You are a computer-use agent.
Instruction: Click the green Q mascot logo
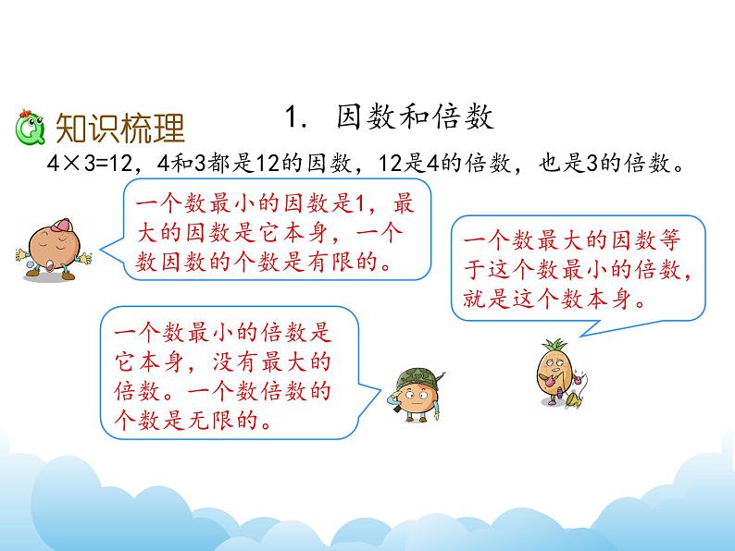point(30,128)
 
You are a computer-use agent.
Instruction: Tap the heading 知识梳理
point(120,129)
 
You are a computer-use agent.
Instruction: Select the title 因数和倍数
point(415,117)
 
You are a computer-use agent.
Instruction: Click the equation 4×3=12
point(90,164)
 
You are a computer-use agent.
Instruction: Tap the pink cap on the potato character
point(61,226)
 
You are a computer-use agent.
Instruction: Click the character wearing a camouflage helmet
point(416,396)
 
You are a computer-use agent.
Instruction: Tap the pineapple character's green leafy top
point(554,348)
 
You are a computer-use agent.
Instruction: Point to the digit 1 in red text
point(360,204)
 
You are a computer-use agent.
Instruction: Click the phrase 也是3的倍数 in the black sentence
point(604,164)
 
